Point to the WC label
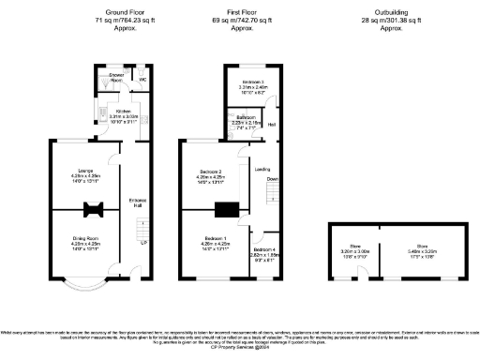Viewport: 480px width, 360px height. [x=142, y=80]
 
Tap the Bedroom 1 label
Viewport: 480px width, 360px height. [x=213, y=240]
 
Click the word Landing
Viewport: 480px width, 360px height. [x=263, y=169]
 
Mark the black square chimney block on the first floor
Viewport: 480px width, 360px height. [x=227, y=212]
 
